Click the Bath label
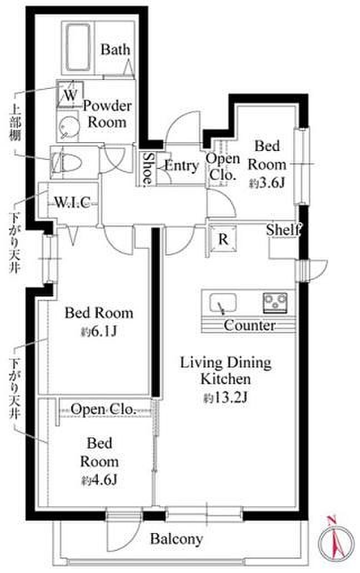click(115, 49)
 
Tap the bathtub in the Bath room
click(78, 48)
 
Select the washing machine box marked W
click(70, 94)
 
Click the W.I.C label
click(72, 202)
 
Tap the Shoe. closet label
click(148, 168)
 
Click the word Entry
click(181, 166)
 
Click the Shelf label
click(284, 229)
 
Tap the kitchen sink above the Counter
click(223, 304)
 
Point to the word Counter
click(249, 325)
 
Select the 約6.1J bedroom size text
click(99, 331)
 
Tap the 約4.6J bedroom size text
click(99, 480)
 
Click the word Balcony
click(177, 539)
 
